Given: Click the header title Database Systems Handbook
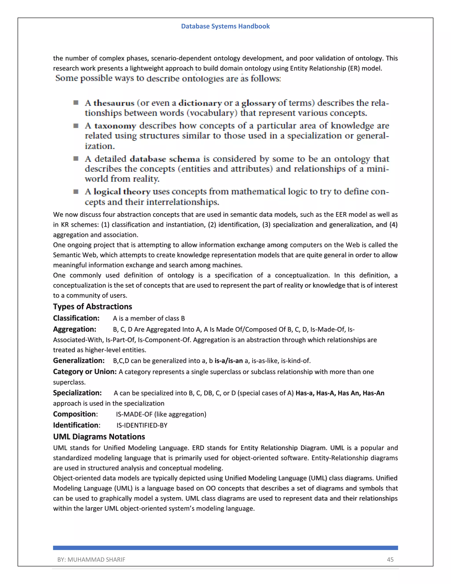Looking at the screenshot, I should click(225, 26).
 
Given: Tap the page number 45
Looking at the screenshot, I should click(390, 559).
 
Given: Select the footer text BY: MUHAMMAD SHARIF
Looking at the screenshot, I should click(91, 559).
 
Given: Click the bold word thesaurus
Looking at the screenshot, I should click(114, 103).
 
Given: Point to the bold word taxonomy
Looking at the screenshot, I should click(115, 126).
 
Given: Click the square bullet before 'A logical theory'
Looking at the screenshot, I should click(76, 192).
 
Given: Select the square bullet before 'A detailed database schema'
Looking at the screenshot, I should click(76, 159).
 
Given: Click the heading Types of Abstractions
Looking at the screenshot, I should click(92, 307).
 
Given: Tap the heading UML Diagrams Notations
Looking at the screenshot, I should click(99, 436).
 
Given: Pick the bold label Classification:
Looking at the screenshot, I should click(76, 318).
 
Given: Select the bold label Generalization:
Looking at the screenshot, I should click(79, 361).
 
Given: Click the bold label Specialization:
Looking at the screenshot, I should click(77, 392).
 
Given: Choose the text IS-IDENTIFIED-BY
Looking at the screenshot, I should click(142, 425).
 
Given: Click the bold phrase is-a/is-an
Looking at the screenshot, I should click(228, 361).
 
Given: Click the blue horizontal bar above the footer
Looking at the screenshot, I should click(225, 548).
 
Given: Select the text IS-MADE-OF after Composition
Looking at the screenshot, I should click(134, 414).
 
